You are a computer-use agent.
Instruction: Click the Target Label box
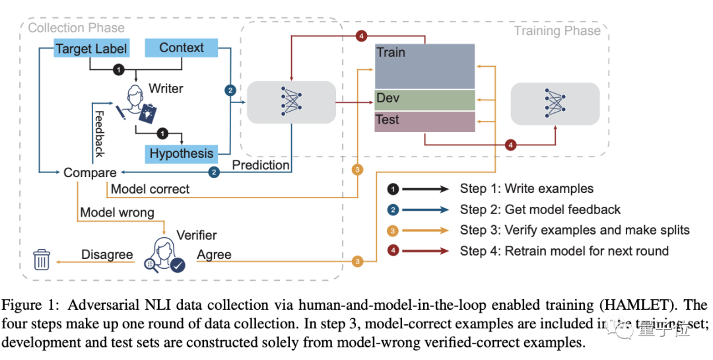tap(91, 48)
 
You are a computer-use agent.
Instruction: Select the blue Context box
tap(182, 48)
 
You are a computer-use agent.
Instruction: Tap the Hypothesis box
tap(181, 154)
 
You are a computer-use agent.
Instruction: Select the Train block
tap(424, 66)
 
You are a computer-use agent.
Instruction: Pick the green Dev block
tap(424, 99)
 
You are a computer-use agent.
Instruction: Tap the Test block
tap(424, 121)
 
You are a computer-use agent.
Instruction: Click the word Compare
tap(90, 172)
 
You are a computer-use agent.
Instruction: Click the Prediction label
tap(260, 164)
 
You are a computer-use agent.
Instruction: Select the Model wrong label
tap(117, 213)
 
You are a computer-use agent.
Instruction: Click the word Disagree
tap(107, 254)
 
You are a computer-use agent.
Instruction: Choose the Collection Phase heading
tap(76, 28)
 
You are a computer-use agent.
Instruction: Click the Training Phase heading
tap(557, 30)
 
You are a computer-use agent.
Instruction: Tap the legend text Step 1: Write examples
tap(526, 189)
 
